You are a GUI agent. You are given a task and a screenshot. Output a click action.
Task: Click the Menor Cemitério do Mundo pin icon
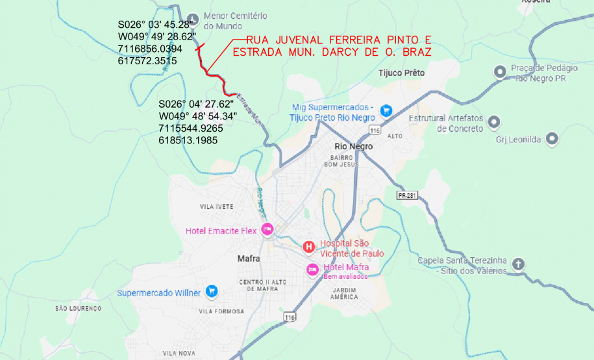click(192, 18)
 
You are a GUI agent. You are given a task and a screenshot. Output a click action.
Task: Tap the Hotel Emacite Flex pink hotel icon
click(267, 230)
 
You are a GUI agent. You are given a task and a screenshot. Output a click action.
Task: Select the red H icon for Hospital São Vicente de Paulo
click(309, 246)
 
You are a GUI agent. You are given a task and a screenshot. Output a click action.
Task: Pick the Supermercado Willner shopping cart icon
click(210, 292)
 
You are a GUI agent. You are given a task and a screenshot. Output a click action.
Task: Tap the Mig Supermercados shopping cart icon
click(386, 110)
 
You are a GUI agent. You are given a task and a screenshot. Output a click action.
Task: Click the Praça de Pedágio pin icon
click(500, 71)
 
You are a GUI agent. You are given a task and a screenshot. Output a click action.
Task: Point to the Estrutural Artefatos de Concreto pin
click(493, 121)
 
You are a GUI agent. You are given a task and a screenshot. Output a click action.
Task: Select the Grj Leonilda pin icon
click(552, 138)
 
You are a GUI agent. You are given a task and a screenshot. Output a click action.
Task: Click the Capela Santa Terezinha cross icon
click(517, 264)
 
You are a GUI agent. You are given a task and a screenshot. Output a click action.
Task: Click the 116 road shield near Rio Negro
click(374, 131)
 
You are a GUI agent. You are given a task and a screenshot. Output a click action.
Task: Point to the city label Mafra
click(249, 258)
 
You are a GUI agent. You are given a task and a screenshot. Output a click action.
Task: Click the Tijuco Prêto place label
click(401, 73)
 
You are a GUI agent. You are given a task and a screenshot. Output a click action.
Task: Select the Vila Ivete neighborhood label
click(216, 206)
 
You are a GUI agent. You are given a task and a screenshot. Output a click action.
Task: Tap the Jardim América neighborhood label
click(344, 293)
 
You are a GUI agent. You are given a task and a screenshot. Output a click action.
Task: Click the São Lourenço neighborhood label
click(79, 308)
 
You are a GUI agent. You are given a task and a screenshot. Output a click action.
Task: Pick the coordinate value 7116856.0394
click(150, 49)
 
